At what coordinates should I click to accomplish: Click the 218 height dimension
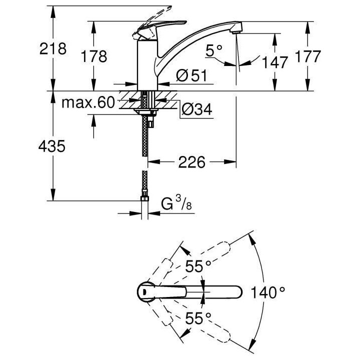pyautogui.click(x=52, y=49)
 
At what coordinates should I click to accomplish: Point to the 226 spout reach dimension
pyautogui.click(x=192, y=162)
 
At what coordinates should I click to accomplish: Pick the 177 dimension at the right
pyautogui.click(x=305, y=56)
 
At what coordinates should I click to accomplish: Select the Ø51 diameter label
pyautogui.click(x=191, y=76)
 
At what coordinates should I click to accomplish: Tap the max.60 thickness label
pyautogui.click(x=88, y=103)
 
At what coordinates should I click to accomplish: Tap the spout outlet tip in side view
pyautogui.click(x=235, y=31)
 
